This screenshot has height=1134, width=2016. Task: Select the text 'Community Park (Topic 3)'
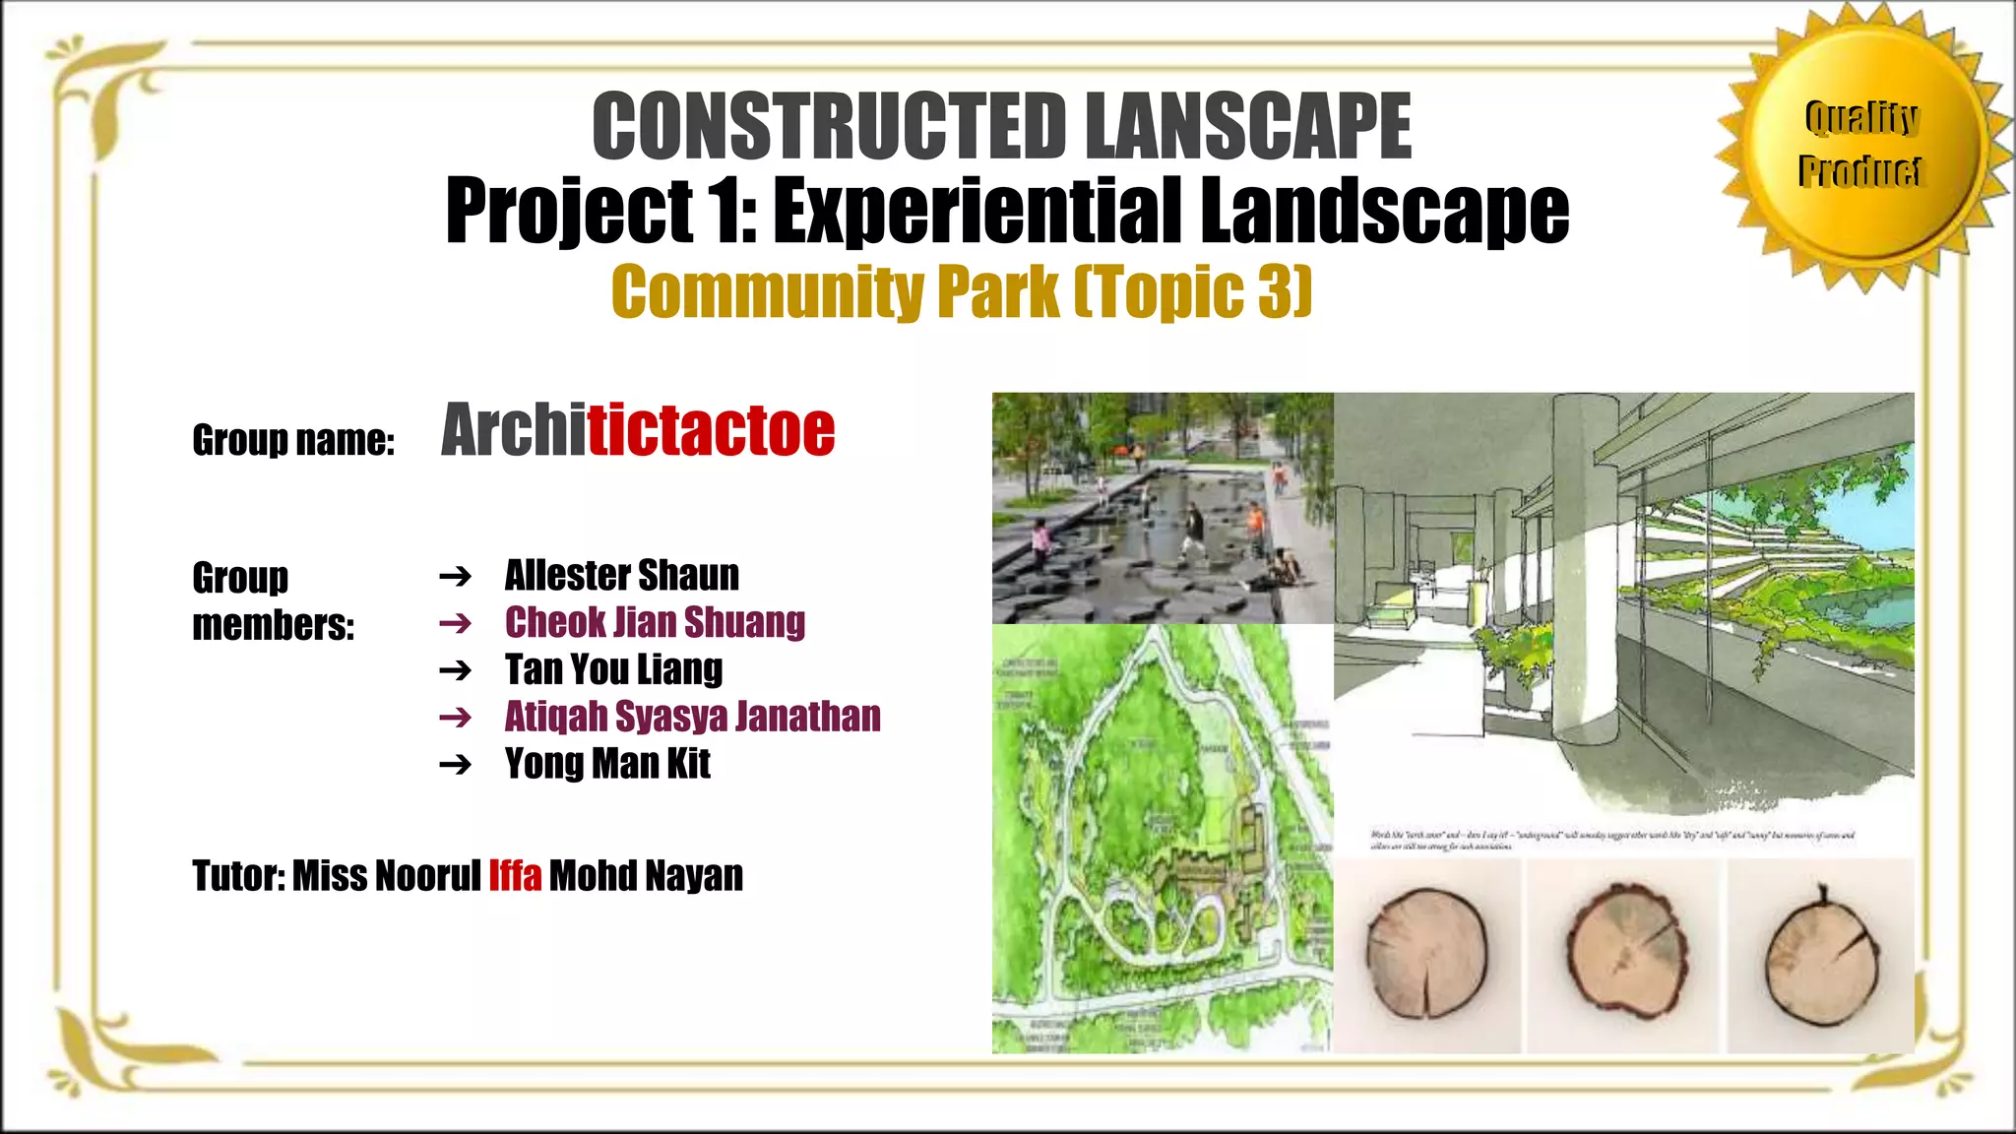coord(962,291)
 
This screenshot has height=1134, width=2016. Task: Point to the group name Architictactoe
coord(638,430)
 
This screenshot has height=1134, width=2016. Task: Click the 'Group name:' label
coord(293,440)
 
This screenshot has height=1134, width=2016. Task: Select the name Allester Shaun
coord(621,575)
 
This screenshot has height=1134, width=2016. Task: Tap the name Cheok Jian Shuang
coord(655,622)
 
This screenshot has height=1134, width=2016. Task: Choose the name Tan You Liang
coord(613,669)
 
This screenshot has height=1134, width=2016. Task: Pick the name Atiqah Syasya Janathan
coord(692,717)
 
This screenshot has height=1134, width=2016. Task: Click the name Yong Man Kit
coord(607,764)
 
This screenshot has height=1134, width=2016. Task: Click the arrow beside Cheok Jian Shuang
coord(456,623)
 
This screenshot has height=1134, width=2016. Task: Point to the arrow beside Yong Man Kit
coord(456,765)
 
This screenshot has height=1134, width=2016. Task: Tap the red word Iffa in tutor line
coord(515,875)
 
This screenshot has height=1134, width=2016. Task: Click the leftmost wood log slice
coord(1426,954)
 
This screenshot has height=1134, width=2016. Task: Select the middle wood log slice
coord(1624,950)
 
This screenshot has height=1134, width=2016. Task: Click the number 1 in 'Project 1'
coord(729,211)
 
